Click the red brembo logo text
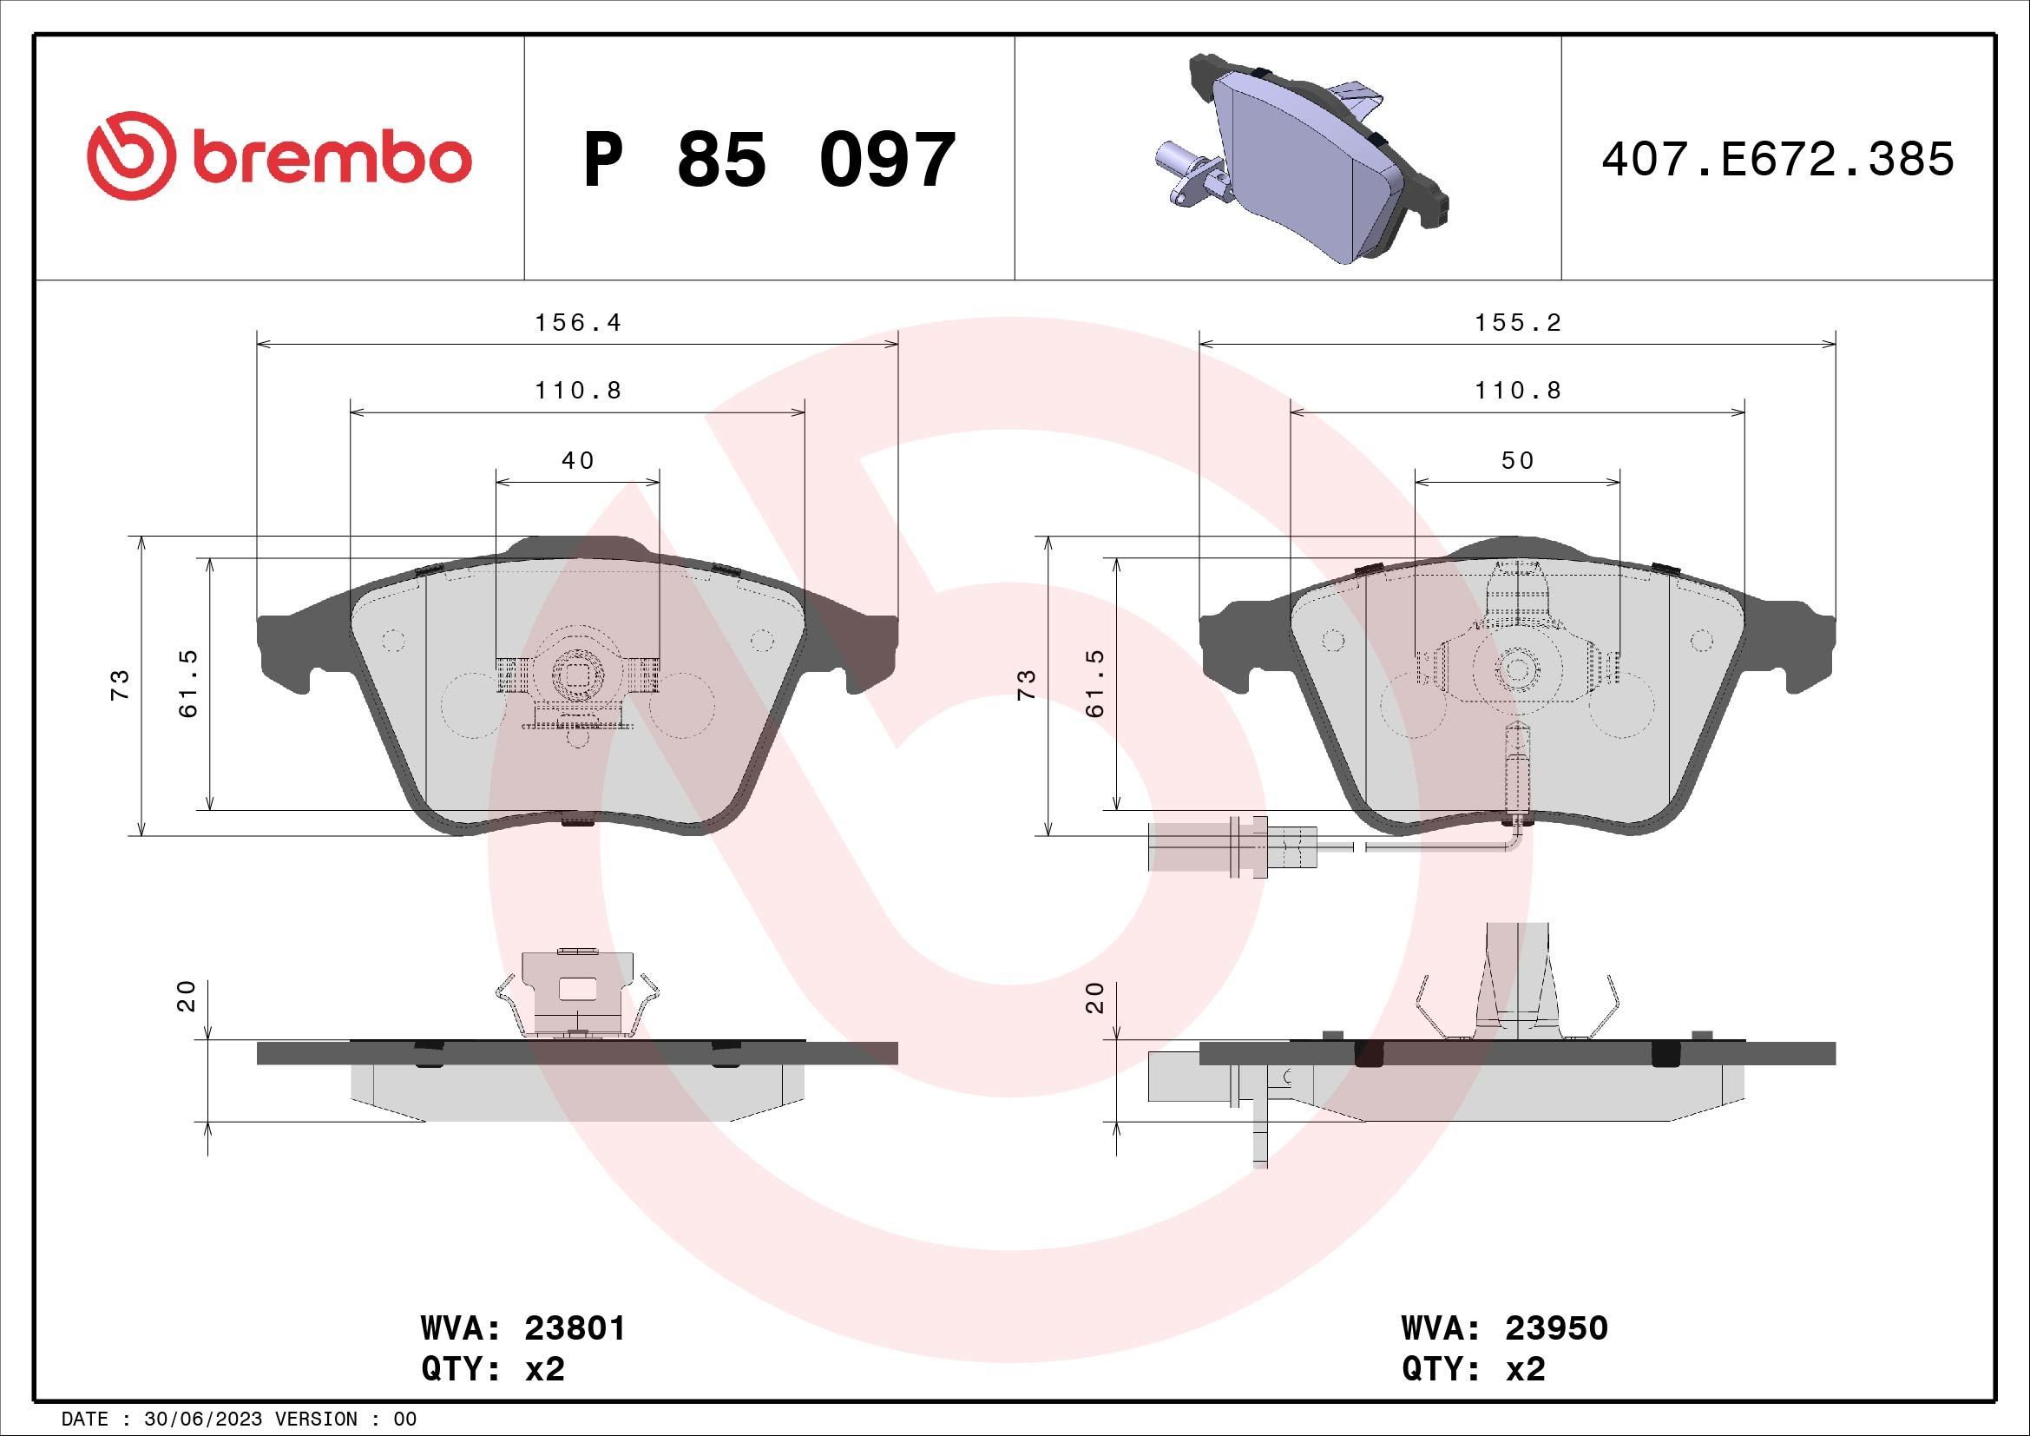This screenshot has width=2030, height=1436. [327, 159]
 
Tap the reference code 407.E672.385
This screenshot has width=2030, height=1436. [1777, 160]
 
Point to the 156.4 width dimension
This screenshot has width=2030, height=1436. [578, 323]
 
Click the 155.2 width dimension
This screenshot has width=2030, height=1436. [1518, 323]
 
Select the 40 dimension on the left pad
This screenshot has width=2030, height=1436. [578, 461]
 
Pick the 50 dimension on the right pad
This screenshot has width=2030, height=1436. [1518, 461]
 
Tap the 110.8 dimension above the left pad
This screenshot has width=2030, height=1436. [578, 390]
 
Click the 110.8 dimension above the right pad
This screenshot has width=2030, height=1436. [1518, 390]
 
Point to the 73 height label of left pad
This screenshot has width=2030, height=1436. [121, 685]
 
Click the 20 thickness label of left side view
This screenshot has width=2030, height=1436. [187, 997]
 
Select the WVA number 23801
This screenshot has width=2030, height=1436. [575, 1328]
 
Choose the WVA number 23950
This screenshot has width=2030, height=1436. [1556, 1328]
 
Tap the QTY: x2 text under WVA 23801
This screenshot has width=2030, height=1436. [492, 1370]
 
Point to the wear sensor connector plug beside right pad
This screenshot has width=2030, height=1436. [1207, 846]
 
